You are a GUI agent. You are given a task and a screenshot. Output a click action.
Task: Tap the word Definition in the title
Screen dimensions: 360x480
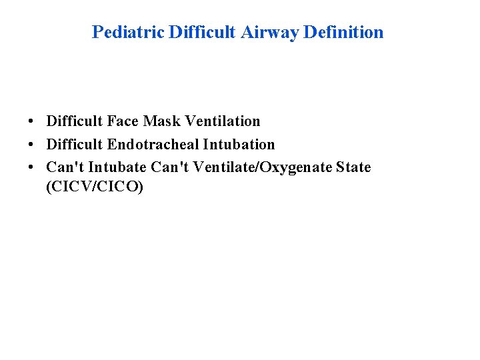343,32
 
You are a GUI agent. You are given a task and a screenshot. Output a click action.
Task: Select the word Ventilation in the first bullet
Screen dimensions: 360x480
223,121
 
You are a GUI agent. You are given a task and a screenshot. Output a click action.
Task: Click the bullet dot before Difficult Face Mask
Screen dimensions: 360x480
31,122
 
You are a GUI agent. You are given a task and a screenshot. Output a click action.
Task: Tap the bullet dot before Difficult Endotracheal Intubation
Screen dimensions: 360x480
31,145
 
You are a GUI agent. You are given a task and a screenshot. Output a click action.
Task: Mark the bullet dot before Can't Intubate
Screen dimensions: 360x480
31,167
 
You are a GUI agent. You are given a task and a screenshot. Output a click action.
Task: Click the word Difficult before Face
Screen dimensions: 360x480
74,121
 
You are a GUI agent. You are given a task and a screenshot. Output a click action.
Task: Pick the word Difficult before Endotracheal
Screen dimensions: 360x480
74,144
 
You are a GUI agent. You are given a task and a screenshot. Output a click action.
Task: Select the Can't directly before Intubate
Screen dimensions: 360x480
65,167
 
